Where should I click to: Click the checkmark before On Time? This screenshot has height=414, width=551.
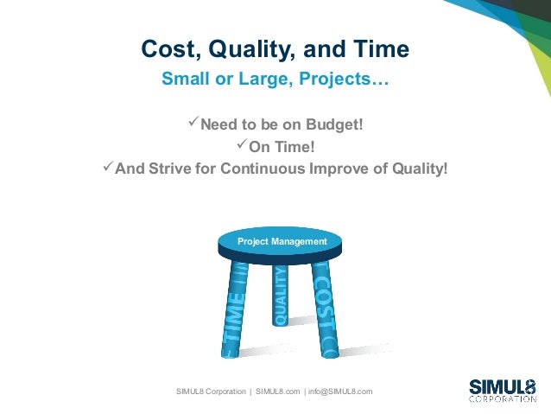click(241, 146)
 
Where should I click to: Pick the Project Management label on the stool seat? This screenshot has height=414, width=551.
click(282, 242)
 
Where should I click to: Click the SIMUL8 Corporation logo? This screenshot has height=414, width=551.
click(502, 390)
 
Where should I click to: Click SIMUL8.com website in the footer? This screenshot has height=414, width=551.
click(277, 392)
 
